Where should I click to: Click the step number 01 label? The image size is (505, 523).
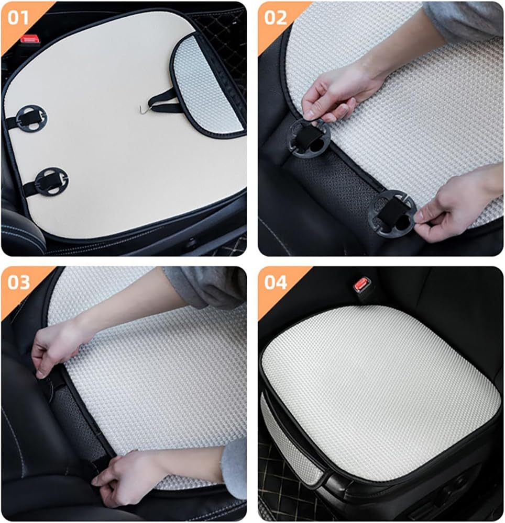pos(18,17)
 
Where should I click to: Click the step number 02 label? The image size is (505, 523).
pos(276,17)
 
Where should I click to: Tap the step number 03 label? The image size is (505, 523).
pos(19,282)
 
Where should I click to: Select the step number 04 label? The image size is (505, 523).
pos(276,282)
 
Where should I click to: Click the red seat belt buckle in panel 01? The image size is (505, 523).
pos(29,40)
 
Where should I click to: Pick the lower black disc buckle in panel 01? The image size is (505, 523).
pos(51,181)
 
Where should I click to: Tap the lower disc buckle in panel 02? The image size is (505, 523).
pos(391,214)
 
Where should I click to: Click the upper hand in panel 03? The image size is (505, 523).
pos(57,347)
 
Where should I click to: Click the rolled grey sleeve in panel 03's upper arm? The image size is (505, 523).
pos(207,286)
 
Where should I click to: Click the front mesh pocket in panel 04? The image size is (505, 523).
pos(287,440)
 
